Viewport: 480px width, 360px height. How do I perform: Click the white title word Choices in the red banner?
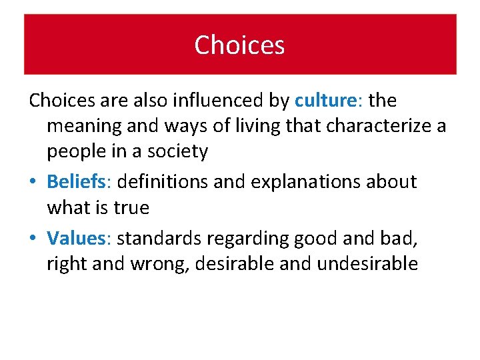[x=239, y=45]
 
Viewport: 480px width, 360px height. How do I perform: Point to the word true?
[x=131, y=208]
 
